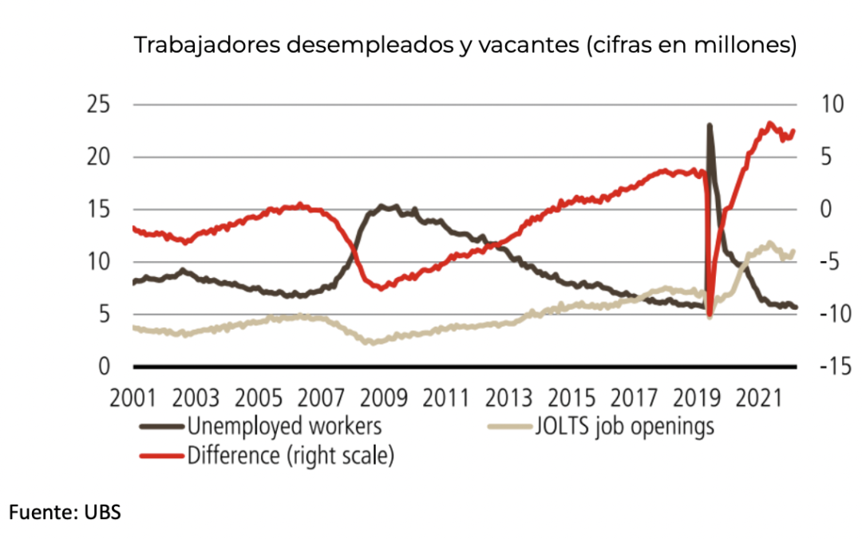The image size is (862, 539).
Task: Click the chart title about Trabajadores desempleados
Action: coord(465,45)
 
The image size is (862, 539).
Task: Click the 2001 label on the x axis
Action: coord(133,396)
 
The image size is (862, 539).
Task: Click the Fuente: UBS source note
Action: coord(65,513)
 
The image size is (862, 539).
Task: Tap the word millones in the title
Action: coord(748,45)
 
